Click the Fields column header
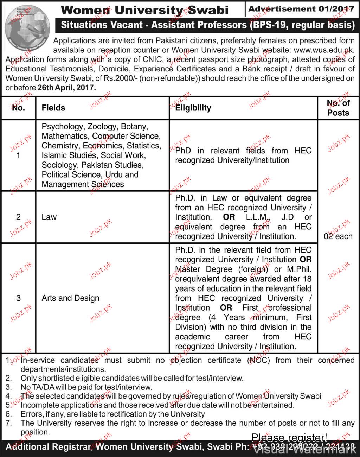pyautogui.click(x=53, y=108)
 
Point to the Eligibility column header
pyautogui.click(x=193, y=108)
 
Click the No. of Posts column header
pyautogui.click(x=338, y=108)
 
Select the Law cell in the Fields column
pyautogui.click(x=49, y=217)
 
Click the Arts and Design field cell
pyautogui.click(x=70, y=298)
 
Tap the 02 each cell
pyautogui.click(x=338, y=236)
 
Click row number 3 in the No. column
pyautogui.click(x=18, y=298)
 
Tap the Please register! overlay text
pyautogui.click(x=289, y=438)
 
